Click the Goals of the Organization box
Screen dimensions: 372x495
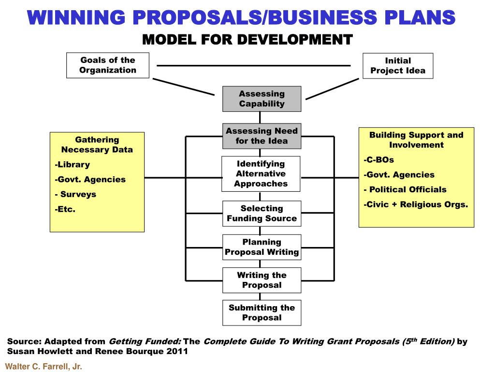[x=108, y=65]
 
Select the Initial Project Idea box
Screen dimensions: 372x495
[x=398, y=66]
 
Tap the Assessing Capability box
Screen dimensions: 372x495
[x=262, y=99]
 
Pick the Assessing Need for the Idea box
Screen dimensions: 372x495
[x=262, y=136]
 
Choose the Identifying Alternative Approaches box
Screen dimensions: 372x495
[x=261, y=174]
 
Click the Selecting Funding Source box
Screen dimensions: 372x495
[x=262, y=214]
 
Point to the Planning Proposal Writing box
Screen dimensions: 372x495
[x=262, y=247]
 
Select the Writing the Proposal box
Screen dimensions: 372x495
[x=262, y=280]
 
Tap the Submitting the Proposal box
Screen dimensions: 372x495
[x=262, y=313]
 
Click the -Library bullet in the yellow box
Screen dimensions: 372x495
[x=72, y=165]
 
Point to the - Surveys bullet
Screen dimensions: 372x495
[x=75, y=195]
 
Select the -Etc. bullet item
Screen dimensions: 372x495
[x=65, y=210]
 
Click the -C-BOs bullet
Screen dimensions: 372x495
[x=379, y=160]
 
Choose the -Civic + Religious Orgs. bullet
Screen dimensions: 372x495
[x=416, y=205]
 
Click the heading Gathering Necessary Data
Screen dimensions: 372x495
[x=97, y=145]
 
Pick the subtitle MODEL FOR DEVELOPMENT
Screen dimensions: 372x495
[x=247, y=39]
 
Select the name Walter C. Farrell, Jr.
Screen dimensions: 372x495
[x=44, y=367]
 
